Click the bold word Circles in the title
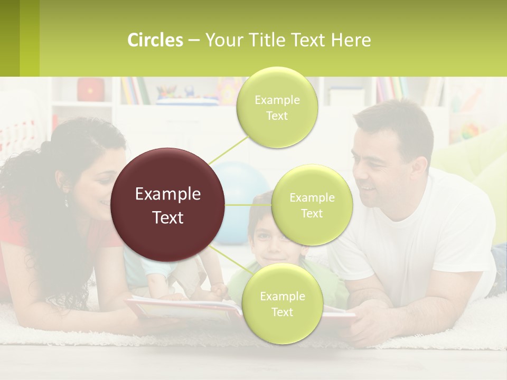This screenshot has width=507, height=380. [155, 40]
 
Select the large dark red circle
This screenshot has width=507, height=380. [168, 205]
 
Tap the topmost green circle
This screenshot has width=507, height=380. [277, 107]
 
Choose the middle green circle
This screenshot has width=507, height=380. [312, 205]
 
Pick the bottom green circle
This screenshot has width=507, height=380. [282, 303]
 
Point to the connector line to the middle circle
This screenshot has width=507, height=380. [248, 205]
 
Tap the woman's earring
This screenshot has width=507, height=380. [67, 202]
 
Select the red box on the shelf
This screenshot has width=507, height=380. [91, 90]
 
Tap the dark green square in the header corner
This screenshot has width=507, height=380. [10, 38]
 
